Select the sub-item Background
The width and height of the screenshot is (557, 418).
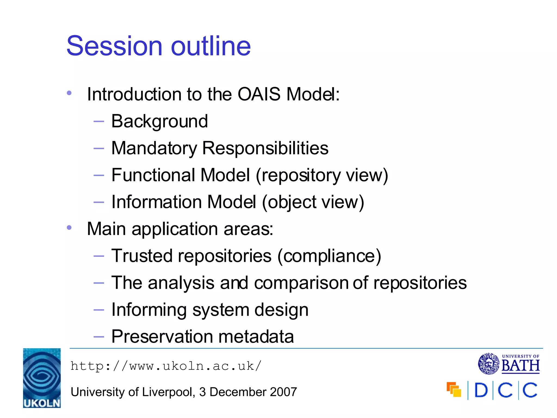[x=160, y=121]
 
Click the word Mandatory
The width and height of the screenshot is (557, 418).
[x=154, y=149]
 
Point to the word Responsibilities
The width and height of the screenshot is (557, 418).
[x=265, y=149]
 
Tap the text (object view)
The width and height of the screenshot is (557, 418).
[x=313, y=202]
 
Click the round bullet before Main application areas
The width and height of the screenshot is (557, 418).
[x=69, y=228]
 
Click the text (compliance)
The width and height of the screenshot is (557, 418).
[x=329, y=256]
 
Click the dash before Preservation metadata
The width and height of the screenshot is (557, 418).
[x=98, y=337]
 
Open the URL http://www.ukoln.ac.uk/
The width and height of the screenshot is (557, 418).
[x=166, y=366]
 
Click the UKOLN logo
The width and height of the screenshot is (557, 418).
[x=42, y=378]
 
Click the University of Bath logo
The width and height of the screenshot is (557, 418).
[x=509, y=364]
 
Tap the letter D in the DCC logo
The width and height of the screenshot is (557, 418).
[x=481, y=391]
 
